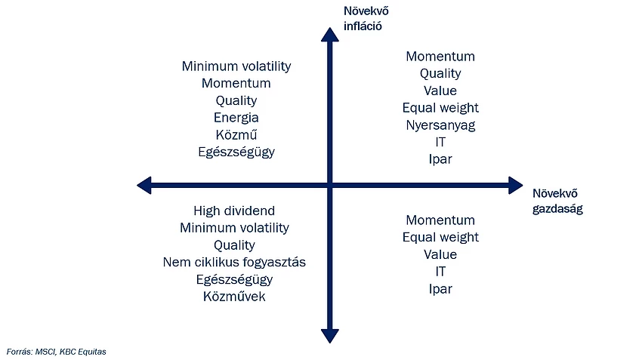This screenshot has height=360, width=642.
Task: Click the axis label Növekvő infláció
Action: pos(366,18)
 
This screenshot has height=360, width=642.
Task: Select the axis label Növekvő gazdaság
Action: pos(557,201)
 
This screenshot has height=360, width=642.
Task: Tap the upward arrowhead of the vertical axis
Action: pos(329,35)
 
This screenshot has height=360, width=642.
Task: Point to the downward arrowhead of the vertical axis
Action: pos(329,336)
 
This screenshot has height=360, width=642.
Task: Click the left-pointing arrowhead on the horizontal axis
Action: pos(144,186)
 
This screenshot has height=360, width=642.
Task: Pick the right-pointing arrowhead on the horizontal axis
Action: pos(515,186)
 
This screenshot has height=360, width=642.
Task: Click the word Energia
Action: pos(236,118)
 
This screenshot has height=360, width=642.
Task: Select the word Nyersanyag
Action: pos(440,125)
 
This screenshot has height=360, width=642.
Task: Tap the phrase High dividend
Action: pos(234,211)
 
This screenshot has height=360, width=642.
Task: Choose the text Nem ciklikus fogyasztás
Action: pos(234,262)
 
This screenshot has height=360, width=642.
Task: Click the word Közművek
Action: pos(234,296)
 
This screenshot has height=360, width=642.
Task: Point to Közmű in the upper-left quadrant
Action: pos(236,134)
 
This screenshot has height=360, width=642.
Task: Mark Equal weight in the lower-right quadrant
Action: pos(440,237)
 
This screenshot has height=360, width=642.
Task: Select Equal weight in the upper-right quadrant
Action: pos(440,108)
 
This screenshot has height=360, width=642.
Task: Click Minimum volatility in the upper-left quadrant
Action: pos(236,66)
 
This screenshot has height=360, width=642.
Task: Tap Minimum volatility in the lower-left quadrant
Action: pos(234,228)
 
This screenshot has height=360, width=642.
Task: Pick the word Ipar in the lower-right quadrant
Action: pos(440,289)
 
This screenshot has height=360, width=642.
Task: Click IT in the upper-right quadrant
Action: pos(440,142)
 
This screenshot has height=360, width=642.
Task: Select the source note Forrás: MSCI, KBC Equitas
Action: pos(56,352)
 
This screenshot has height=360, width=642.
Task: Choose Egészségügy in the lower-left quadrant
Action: pos(234,279)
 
